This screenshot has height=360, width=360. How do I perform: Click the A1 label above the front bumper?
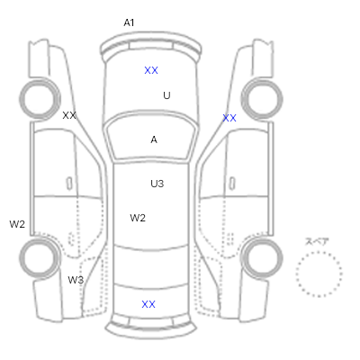coord(129,22)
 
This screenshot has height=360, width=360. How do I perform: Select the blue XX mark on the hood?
coord(151,70)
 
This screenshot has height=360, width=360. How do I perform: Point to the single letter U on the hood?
coord(166,95)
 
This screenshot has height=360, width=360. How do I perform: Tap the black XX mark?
coord(69,115)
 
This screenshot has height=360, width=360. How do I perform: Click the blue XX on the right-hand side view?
coord(229,118)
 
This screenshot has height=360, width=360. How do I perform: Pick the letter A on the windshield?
coord(154,139)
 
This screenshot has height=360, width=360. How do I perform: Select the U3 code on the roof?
coord(157,184)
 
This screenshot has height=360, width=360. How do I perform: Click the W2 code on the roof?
coord(138,218)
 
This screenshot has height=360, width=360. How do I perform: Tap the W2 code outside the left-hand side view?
coord(17,224)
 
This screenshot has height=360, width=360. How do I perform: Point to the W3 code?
coord(76,280)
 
